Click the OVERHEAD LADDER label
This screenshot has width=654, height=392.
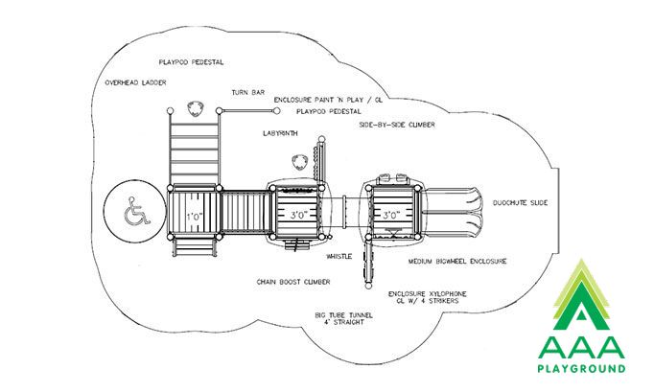135,82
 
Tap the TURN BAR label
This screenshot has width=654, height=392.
248,93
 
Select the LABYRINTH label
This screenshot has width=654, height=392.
280,133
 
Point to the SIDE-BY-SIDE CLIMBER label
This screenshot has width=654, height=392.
397,125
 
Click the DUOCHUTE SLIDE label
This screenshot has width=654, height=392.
521,203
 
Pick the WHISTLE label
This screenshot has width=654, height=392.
339,257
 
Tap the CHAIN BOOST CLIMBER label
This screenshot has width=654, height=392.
293,282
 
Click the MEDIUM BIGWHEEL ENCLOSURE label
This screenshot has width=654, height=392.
457,262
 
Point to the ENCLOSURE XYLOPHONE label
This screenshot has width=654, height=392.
428,294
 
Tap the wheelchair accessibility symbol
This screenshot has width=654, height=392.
136,211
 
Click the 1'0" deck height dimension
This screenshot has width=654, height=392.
195,217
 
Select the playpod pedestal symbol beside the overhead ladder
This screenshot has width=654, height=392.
195,109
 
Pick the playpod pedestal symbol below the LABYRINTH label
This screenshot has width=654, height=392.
299,162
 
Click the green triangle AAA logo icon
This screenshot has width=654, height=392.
581,295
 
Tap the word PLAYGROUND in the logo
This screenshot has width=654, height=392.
581,368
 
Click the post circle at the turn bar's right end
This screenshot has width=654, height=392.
276,111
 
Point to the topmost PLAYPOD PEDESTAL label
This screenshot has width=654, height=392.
192,62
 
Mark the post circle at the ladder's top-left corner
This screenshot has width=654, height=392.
170,111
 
